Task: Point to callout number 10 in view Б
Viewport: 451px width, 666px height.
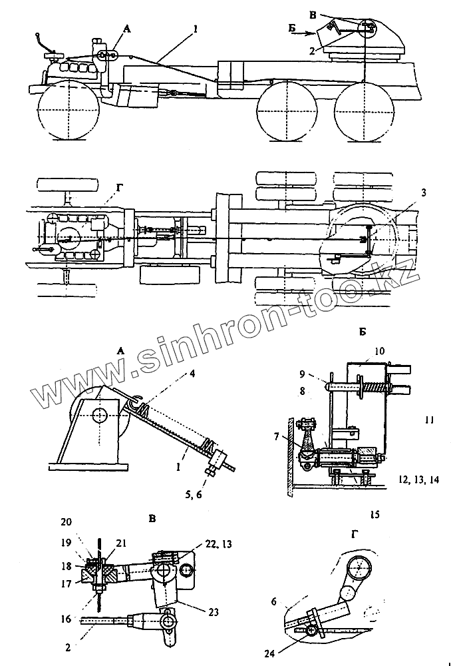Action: click(x=379, y=350)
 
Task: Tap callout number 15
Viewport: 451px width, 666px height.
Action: click(x=375, y=515)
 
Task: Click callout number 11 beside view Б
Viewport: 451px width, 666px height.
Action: click(x=429, y=420)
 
